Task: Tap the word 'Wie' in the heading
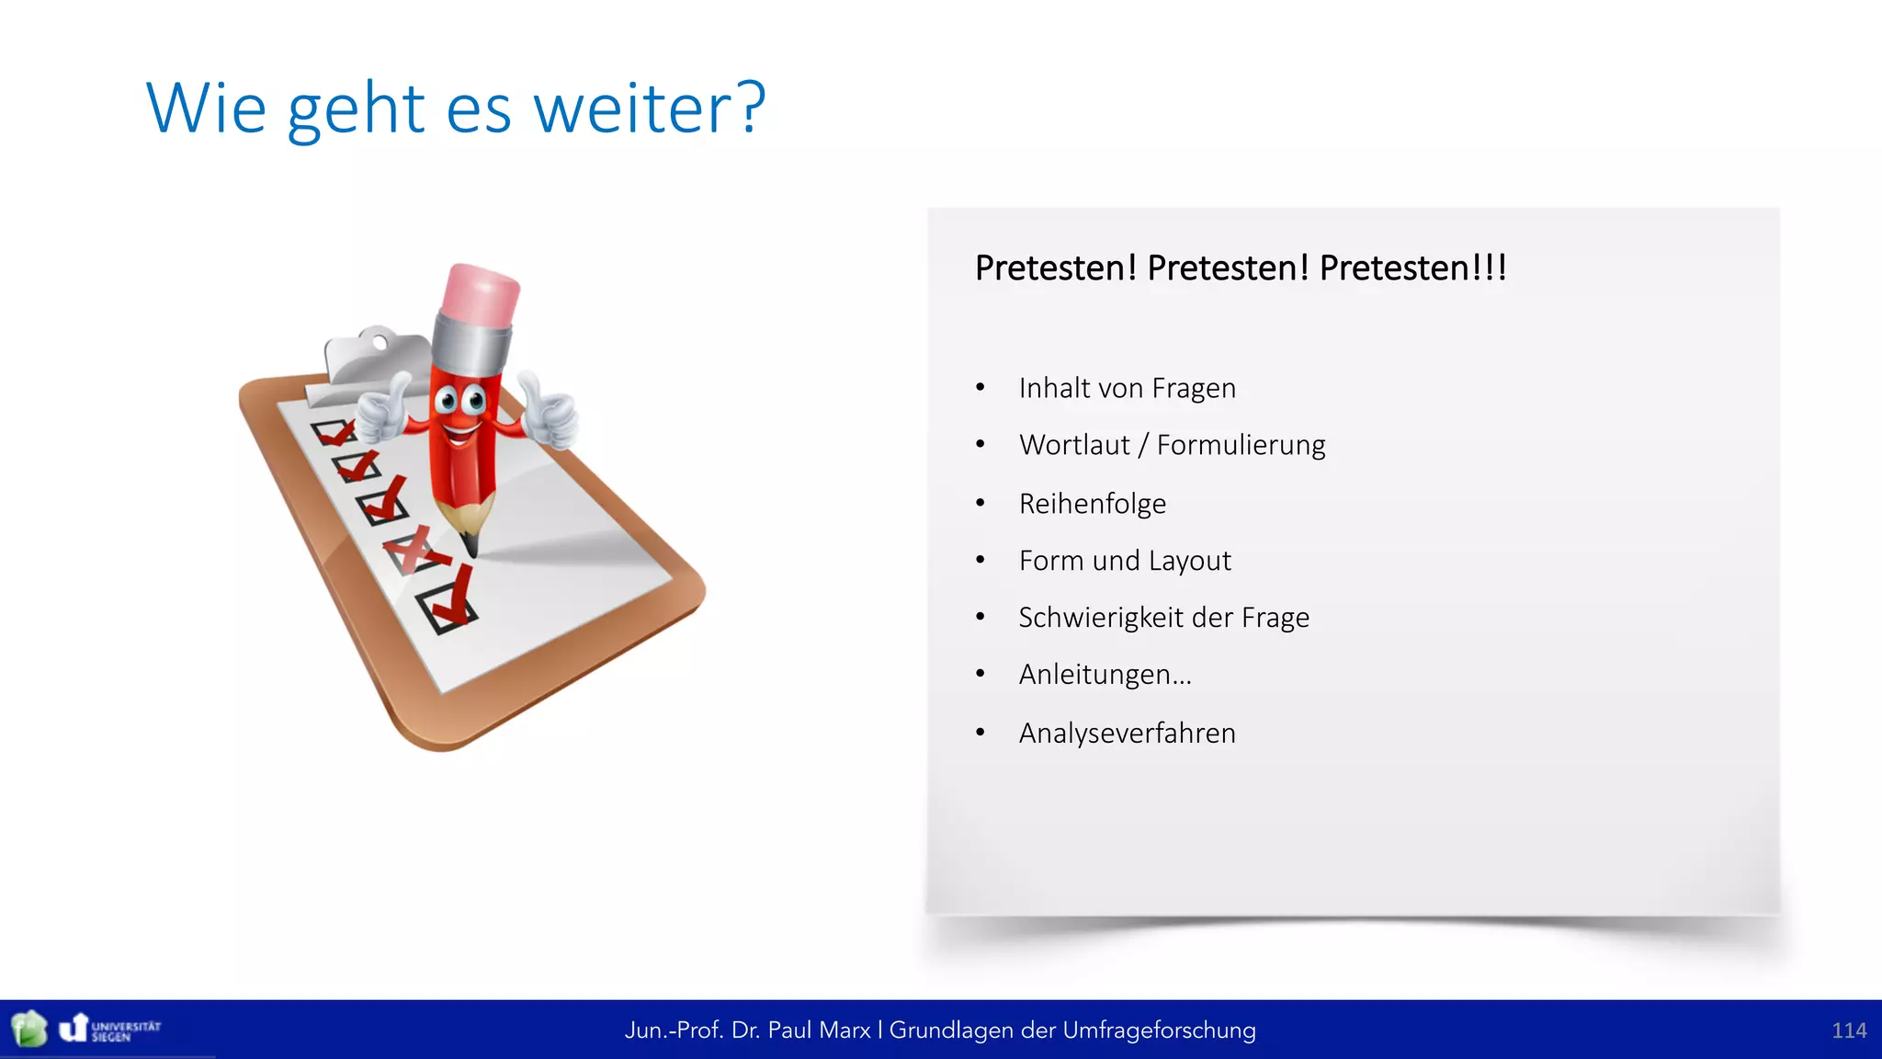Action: coord(206,108)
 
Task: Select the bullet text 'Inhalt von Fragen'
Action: coord(1127,388)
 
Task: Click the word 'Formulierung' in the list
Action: coord(1241,445)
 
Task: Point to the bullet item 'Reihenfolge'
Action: coord(1092,504)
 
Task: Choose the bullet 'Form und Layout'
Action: coord(1125,561)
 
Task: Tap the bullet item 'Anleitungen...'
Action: coord(1105,675)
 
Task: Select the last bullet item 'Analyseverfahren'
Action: coord(1127,734)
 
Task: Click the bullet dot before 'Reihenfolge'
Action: coord(981,503)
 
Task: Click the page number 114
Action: coord(1848,1031)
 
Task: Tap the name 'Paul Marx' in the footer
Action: coord(819,1031)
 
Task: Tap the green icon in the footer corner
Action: coord(29,1029)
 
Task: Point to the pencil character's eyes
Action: coord(459,400)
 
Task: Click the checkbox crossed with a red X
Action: coord(411,552)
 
